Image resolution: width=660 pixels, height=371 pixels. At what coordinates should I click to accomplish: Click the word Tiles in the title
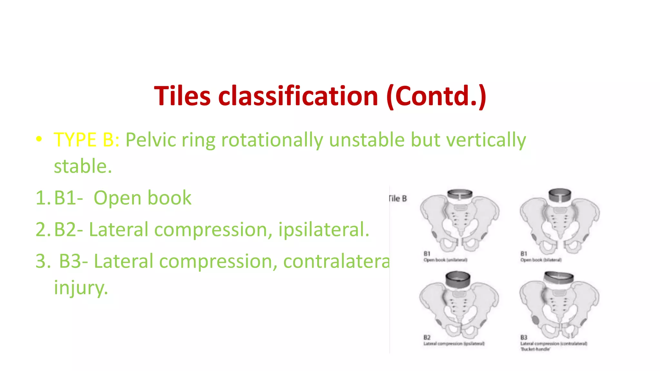tap(182, 96)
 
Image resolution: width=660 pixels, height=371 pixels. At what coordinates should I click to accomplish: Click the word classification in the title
tap(298, 96)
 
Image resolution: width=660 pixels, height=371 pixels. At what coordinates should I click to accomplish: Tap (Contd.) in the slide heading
tap(436, 96)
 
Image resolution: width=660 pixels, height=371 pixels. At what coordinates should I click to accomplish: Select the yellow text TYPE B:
tap(86, 140)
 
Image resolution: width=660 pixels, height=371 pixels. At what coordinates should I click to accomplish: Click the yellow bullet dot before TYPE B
tap(39, 139)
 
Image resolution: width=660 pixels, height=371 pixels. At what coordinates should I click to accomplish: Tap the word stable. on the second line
tap(83, 166)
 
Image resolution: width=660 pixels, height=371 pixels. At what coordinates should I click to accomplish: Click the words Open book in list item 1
tap(142, 198)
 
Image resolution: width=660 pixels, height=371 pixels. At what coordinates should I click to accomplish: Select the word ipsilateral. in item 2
tap(324, 229)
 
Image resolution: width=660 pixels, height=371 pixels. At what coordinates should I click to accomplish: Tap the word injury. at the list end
tap(81, 287)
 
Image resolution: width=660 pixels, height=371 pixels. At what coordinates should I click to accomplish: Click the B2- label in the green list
tap(68, 229)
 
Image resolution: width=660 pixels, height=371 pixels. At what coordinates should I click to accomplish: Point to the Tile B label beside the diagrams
tap(398, 199)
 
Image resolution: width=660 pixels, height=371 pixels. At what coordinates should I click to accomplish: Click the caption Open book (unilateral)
tap(445, 260)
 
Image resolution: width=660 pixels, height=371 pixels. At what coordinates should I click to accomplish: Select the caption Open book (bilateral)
tap(541, 260)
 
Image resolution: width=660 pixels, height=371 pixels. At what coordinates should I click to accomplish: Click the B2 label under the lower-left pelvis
tap(427, 338)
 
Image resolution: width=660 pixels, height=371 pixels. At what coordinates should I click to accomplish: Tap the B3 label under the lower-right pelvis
tap(524, 338)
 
